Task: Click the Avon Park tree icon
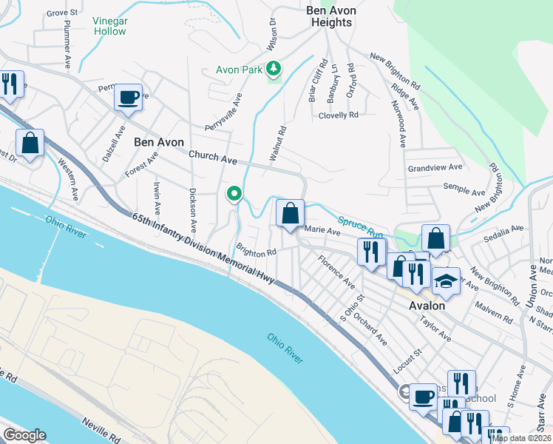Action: [274, 69]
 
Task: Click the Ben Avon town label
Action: [158, 141]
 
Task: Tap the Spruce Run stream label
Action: [360, 221]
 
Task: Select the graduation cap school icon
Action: [446, 282]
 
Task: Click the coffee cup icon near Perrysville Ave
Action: [128, 98]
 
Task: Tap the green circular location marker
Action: [234, 194]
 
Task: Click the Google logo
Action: [24, 434]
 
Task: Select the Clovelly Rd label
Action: [338, 115]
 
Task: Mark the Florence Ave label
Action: [336, 272]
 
